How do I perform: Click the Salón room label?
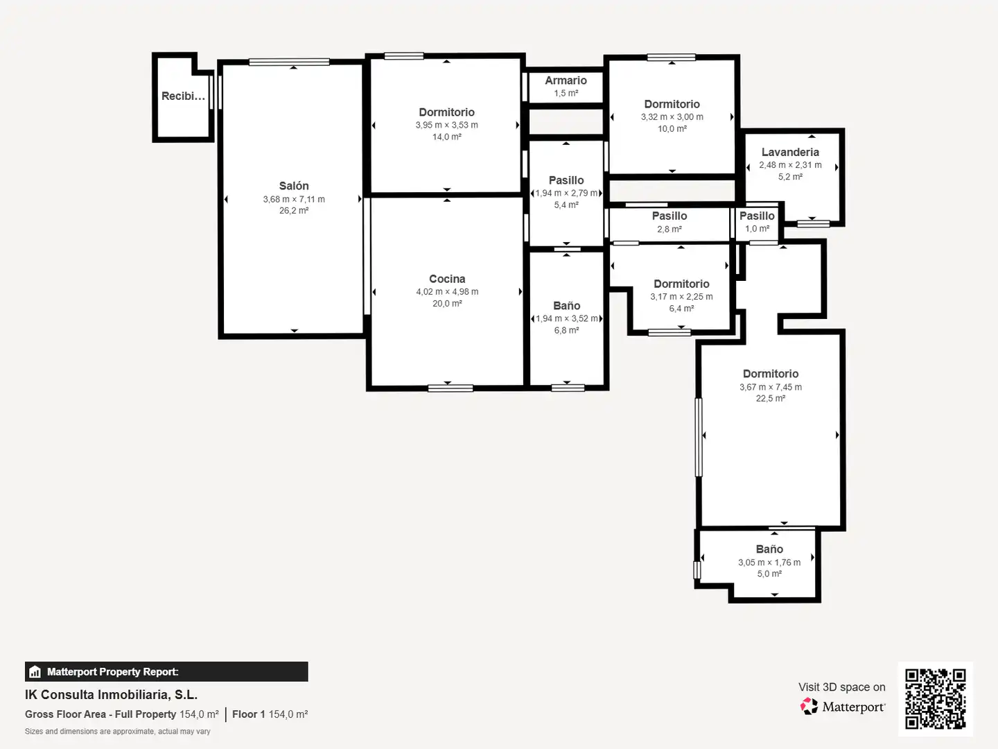coord(294,186)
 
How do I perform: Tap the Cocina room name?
coord(447,279)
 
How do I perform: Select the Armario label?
coord(566,80)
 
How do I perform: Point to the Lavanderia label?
coord(790,153)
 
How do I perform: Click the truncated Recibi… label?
coord(183,96)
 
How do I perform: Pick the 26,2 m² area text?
coord(294,211)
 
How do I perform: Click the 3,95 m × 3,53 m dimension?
coord(446,125)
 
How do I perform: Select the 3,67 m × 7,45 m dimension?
coord(770,387)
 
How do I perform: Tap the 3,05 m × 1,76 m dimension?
coord(769,562)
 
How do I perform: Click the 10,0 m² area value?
coord(672,129)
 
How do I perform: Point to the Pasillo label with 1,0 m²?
coord(757,216)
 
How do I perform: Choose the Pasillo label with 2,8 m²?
coord(669,216)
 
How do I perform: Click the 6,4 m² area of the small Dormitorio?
coord(681,309)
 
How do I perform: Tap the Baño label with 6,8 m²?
coord(566,306)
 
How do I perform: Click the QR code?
coord(935,699)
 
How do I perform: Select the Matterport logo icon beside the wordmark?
coord(809,706)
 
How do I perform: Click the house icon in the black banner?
coord(35,672)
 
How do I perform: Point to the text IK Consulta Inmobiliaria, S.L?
coord(112,695)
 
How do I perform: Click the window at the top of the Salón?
coord(289,62)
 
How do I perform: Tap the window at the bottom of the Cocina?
coord(450,388)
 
